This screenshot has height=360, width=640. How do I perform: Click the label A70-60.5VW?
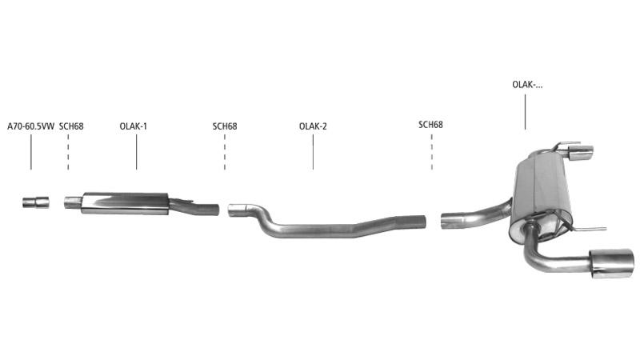(30, 126)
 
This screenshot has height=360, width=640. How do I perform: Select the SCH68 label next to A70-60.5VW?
(71, 126)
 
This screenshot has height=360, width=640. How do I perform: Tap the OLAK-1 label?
(133, 126)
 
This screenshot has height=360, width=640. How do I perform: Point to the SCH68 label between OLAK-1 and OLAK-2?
(225, 126)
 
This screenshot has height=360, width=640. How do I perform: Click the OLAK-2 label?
(313, 126)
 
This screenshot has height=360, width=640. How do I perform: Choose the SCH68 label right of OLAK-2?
(430, 125)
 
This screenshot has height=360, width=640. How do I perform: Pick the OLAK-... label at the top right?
(527, 85)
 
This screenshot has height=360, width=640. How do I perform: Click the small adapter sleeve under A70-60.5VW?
(36, 202)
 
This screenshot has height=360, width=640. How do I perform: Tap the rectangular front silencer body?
(125, 203)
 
